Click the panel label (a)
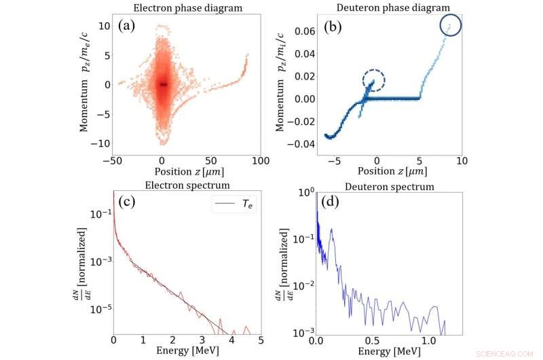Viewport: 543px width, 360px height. point(129,27)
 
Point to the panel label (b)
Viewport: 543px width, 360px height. point(334,28)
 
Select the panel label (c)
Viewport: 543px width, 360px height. point(129,202)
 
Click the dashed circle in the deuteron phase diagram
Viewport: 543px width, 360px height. point(373,82)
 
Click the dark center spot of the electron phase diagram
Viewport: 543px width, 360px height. point(164,84)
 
